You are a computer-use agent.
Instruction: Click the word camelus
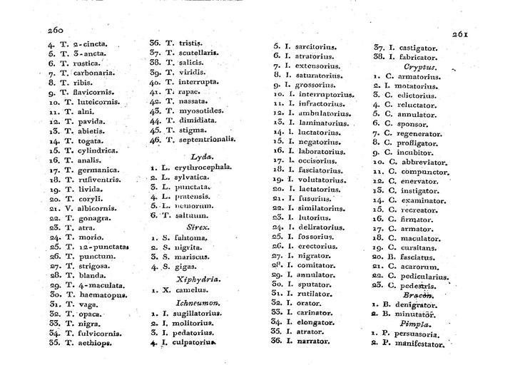(x=189, y=290)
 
